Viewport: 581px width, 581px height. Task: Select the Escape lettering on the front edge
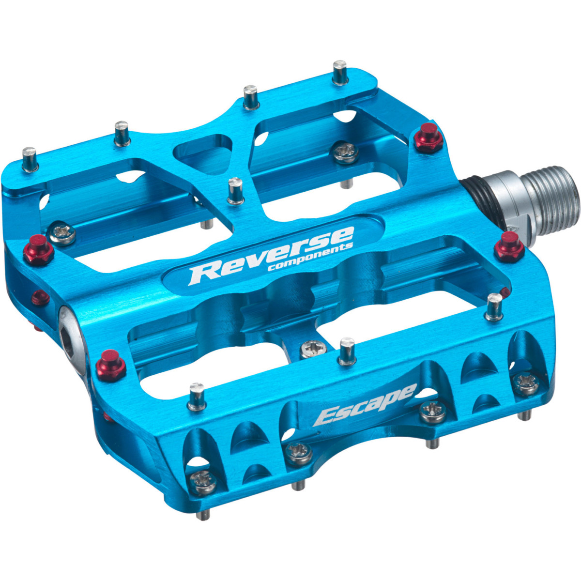tap(365, 406)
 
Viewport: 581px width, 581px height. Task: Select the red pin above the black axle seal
tap(428, 138)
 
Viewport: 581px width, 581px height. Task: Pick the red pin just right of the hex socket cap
tap(110, 366)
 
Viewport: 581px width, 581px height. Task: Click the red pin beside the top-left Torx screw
tap(39, 249)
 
